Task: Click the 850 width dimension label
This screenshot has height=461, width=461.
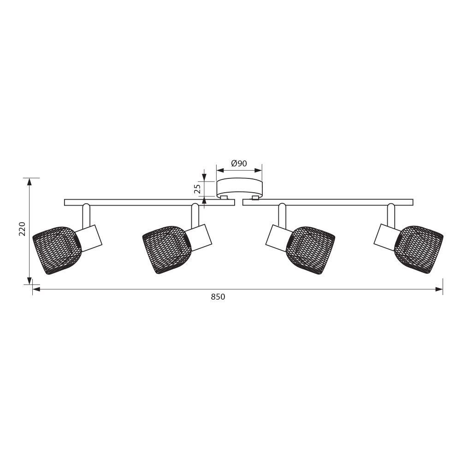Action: pos(218,296)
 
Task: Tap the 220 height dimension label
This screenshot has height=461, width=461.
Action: pos(22,229)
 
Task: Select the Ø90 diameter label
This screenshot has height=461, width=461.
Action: pos(239,163)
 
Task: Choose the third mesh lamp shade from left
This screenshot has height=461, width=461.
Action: pos(310,250)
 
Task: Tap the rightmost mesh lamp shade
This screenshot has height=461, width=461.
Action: pos(419,250)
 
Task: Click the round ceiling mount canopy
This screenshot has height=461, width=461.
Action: pos(239,189)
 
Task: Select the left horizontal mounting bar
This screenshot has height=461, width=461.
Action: pos(149,202)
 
